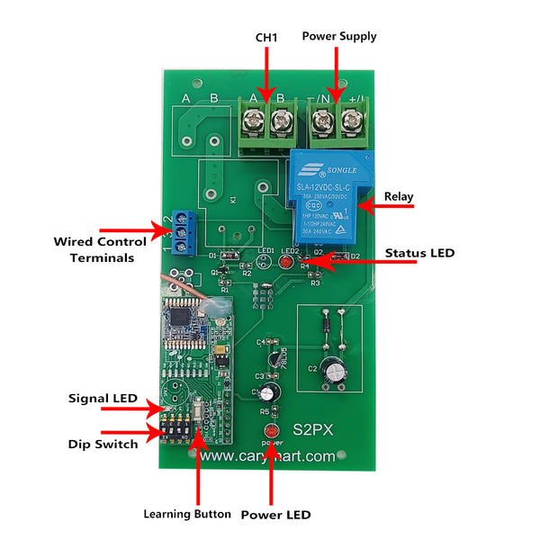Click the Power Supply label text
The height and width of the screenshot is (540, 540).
[x=338, y=36]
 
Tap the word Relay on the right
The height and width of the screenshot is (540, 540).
[x=399, y=196]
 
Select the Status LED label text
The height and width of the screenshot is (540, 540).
[x=419, y=254]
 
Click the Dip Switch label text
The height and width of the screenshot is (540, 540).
[x=103, y=444]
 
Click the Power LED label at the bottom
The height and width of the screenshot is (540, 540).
[x=275, y=515]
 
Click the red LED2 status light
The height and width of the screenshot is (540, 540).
[x=285, y=263]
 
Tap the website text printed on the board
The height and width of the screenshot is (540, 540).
[x=267, y=456]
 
